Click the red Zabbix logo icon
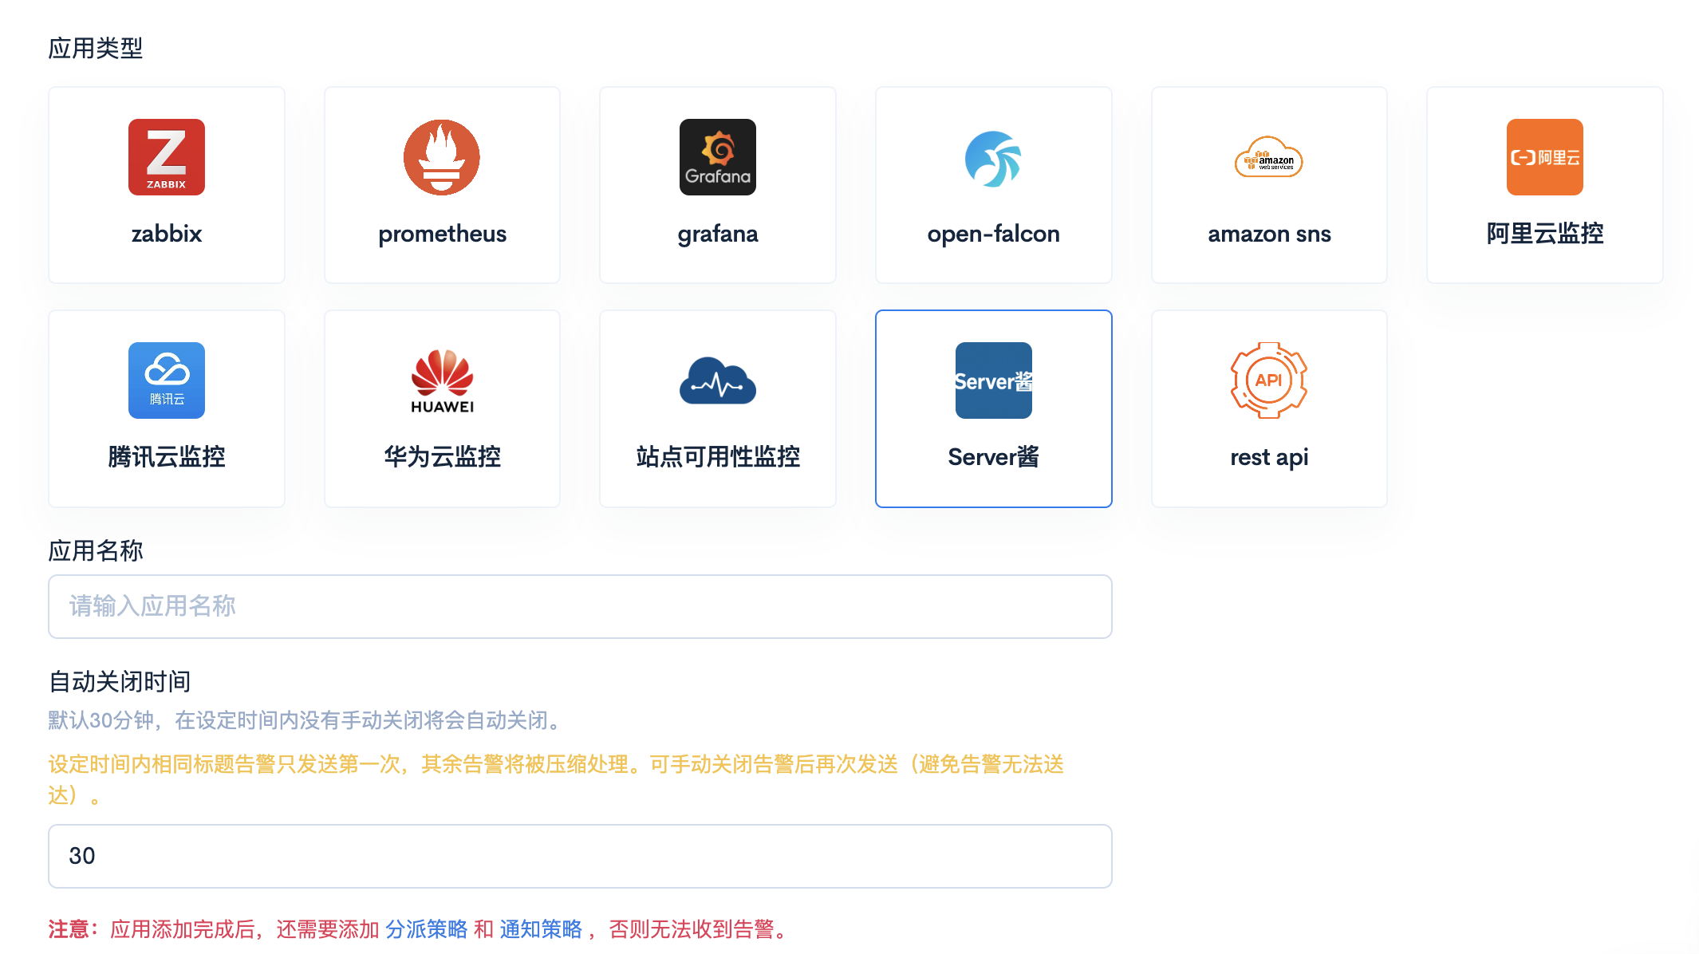(167, 157)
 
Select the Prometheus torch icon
(442, 157)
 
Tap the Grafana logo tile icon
(718, 157)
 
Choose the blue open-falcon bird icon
(993, 159)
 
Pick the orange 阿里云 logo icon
(1545, 157)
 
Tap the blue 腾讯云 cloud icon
(167, 380)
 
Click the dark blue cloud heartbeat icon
(718, 382)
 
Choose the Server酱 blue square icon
(993, 380)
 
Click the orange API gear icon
(1269, 380)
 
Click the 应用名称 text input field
(580, 606)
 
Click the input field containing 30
(580, 856)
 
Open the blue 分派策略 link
(427, 929)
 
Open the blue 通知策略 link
(541, 929)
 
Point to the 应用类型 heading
(96, 49)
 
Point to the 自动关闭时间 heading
(120, 682)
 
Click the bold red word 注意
(69, 929)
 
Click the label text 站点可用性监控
(718, 457)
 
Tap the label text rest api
(1269, 457)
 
